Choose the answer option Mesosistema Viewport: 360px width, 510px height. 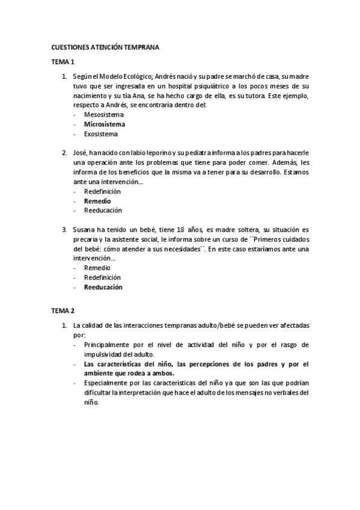(x=104, y=114)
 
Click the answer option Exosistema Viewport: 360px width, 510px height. (x=101, y=134)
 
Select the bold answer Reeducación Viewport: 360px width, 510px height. (x=103, y=287)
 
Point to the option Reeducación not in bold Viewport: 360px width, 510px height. (x=103, y=210)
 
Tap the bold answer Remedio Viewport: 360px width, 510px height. (x=97, y=201)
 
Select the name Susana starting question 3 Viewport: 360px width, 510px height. (x=84, y=230)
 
